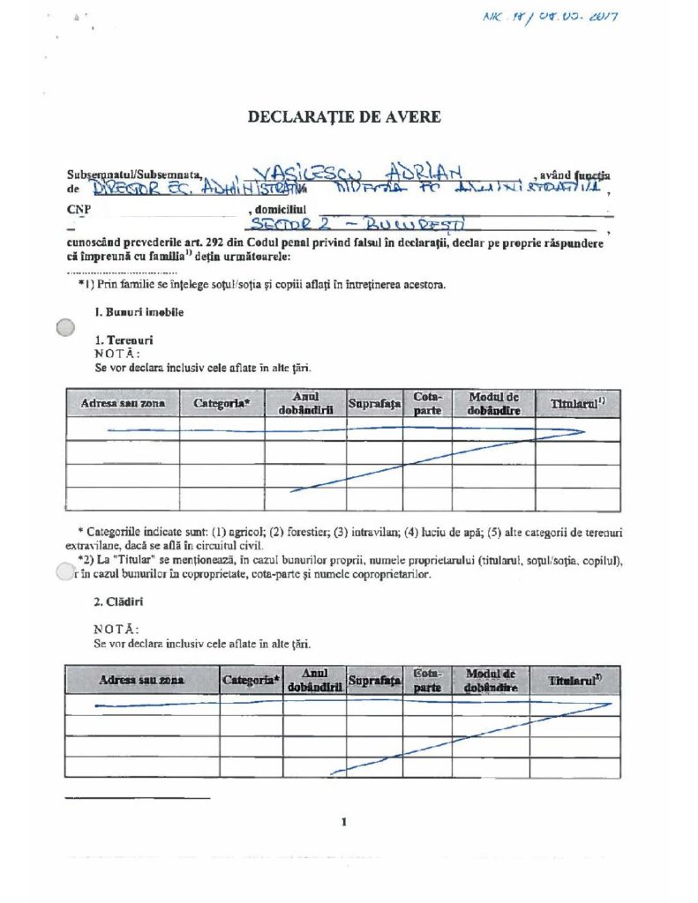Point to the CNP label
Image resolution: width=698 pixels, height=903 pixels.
[79, 209]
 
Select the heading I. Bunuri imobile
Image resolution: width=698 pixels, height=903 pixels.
[139, 312]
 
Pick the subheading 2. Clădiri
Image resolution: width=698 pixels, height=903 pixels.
[119, 602]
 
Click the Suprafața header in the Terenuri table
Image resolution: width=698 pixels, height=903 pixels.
[374, 404]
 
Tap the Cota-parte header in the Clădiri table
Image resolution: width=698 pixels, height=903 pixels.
[427, 679]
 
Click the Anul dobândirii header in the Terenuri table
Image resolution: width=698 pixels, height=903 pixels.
[305, 404]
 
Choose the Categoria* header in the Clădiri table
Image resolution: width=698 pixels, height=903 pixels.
[251, 680]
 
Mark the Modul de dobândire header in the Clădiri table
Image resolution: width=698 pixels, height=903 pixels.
[491, 679]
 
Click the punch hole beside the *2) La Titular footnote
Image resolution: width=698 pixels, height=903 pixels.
[62, 572]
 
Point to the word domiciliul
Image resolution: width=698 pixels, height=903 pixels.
[281, 209]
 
